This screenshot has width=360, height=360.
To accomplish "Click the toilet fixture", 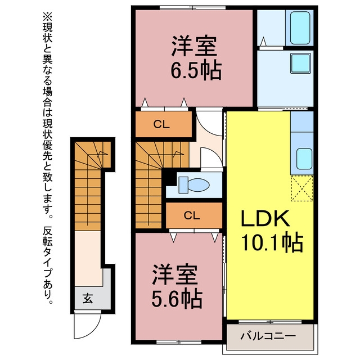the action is point(194,184).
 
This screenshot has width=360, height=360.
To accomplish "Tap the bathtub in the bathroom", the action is point(300,28).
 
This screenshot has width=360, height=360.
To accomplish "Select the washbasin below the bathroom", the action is point(300,64).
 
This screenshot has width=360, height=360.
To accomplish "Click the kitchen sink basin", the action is point(304,159).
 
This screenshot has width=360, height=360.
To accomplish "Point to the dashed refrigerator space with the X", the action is point(302,188).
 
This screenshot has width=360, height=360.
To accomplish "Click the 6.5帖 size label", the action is point(196,70).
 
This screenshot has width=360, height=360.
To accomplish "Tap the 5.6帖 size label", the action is point(177,299).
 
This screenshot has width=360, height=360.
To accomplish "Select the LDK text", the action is point(265,218).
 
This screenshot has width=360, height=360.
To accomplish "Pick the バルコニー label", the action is point(268,336).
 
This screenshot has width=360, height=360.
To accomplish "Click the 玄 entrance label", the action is point(88,298).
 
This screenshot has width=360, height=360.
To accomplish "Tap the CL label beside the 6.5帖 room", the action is point(161,124).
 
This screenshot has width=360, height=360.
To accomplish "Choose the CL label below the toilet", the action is point(192,215).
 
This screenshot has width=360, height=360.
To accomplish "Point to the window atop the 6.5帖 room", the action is point(193,8).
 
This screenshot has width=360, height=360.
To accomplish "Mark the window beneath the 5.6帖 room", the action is point(179,342).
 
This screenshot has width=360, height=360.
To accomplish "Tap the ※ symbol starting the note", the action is point(47,16).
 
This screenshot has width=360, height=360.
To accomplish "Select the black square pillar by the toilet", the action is point(170,178).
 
